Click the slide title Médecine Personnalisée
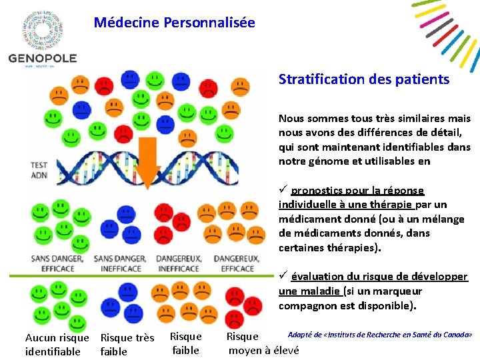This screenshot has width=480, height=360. pos(174,23)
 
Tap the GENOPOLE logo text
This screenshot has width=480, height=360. pos(43,58)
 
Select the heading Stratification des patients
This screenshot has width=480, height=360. pos(364,79)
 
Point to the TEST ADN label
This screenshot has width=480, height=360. pos(39,170)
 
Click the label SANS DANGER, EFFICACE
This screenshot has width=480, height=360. pos(57,263)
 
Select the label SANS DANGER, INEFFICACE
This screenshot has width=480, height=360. pos(121,263)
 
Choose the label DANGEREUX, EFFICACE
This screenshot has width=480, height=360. pos(237,263)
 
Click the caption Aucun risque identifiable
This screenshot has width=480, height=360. pos(57,345)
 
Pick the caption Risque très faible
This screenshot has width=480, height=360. pos(127,345)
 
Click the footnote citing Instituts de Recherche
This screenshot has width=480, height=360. pos(380,334)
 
